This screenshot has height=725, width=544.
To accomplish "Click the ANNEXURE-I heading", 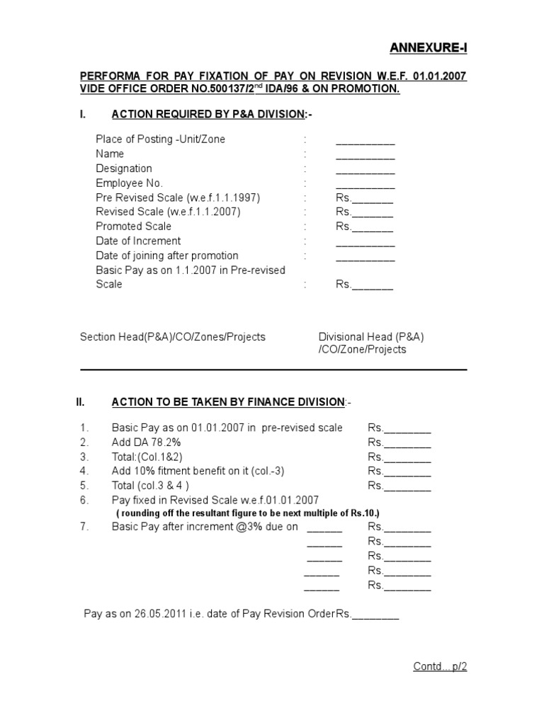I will coord(429,48).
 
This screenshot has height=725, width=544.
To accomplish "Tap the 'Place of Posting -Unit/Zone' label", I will coord(160,139).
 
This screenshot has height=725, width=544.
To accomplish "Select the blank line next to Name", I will coord(365,154).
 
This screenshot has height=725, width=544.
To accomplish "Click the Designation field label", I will coord(124,169).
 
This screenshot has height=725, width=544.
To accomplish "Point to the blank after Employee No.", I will coord(365,184).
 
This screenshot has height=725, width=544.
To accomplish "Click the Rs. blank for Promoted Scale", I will coord(364,227).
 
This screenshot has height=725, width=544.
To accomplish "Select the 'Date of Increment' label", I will coord(138,241).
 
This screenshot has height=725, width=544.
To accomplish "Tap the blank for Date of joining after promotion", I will coord(365,256).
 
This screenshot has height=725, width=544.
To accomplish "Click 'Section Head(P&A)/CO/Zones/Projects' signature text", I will coord(173,337).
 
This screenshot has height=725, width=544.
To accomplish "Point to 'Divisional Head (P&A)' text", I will coord(371,337).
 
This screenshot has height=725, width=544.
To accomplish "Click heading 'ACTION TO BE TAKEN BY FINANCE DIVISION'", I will coord(227,402).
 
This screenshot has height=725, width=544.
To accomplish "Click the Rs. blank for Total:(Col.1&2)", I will coord(399,457).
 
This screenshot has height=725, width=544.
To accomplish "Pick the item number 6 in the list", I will coord(84,500).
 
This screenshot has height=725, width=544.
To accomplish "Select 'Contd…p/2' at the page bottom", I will coord(441,666).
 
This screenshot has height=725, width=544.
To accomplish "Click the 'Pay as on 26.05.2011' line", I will coord(241,614).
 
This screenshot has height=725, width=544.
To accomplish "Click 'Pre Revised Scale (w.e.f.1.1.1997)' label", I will coord(173,198).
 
